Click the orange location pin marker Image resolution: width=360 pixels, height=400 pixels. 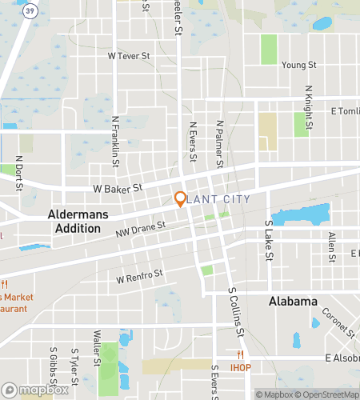point(181,199)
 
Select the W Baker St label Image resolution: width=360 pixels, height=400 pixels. point(117,189)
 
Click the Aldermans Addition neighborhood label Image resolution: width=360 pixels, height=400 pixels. point(74,222)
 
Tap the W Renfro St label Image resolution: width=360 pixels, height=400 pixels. point(139,276)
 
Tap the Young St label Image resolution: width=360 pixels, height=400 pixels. point(299,65)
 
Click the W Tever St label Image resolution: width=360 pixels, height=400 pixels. point(129,56)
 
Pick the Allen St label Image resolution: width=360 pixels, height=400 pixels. point(330,247)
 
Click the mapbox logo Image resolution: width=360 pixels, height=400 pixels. point(34,391)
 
